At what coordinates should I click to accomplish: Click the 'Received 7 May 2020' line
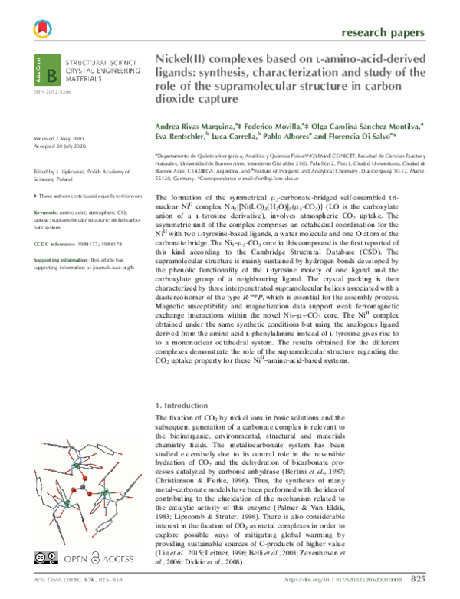(x=61, y=138)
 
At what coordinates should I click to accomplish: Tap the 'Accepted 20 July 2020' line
(x=61, y=146)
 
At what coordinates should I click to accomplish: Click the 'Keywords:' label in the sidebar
(x=49, y=211)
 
